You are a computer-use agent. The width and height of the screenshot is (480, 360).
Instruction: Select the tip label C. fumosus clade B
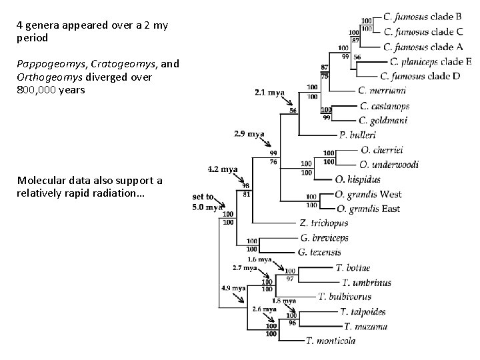(423, 17)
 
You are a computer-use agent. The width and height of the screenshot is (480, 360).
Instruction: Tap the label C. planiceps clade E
(430, 62)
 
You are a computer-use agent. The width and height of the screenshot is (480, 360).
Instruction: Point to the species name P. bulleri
(357, 135)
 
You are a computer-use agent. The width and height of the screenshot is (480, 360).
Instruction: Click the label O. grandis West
(369, 195)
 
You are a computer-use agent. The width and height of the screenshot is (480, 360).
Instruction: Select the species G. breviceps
(324, 238)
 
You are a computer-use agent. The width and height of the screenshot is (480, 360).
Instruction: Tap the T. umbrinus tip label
(363, 283)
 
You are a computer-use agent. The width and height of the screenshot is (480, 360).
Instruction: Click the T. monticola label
(331, 341)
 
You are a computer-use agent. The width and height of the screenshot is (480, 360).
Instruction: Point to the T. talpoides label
(363, 312)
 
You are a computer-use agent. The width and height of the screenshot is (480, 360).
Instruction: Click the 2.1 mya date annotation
(269, 92)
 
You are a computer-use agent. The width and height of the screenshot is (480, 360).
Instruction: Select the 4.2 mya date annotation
(223, 170)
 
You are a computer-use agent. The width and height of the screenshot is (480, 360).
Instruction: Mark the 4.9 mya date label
(233, 289)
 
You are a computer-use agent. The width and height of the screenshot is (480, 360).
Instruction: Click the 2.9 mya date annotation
(249, 134)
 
